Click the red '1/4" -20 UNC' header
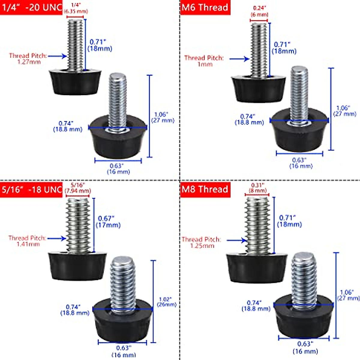31,7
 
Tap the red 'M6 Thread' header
205,7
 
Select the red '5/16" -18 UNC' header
31,190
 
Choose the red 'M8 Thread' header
205,190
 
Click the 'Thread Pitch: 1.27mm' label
28,59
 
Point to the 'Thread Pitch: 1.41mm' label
27,241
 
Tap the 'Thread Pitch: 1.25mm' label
201,242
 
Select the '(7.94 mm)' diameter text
78,191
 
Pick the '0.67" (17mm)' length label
108,222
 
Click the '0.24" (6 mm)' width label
259,11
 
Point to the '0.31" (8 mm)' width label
258,188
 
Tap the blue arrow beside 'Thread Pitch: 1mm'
239,59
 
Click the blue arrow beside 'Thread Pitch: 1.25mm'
236,240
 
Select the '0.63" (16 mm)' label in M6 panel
301,163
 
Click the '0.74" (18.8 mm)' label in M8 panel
256,306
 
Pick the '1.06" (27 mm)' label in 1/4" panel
162,117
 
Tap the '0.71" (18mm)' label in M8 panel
289,221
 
